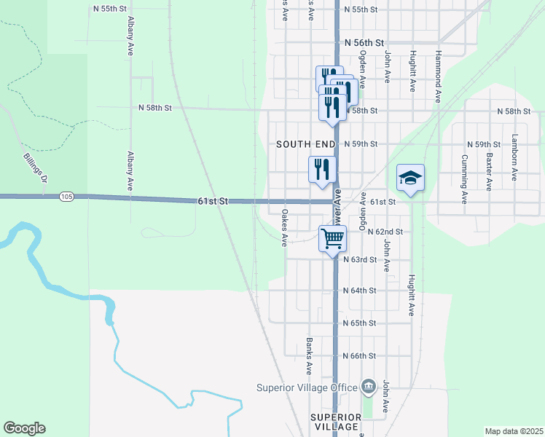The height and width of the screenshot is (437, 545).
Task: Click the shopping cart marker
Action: (x=332, y=237)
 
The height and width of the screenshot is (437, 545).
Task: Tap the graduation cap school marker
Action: (x=410, y=178)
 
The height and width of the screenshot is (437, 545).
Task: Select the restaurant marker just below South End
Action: (x=322, y=170)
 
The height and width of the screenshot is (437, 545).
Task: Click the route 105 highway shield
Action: (x=67, y=197)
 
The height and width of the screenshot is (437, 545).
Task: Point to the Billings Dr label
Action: (x=35, y=168)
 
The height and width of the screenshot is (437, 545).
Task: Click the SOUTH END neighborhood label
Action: (x=305, y=144)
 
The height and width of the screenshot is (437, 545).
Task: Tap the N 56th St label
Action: (x=364, y=44)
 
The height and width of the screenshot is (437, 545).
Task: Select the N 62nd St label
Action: (x=385, y=231)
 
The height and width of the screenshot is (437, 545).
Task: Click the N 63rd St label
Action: (x=360, y=259)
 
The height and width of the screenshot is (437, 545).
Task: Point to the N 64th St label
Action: (x=360, y=290)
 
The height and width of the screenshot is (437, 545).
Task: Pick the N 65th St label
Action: (x=360, y=323)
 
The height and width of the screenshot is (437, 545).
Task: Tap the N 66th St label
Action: (x=360, y=356)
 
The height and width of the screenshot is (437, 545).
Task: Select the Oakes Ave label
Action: (x=285, y=228)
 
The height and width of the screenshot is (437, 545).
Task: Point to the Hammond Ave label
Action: (x=438, y=76)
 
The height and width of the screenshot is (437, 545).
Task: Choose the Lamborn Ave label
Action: (x=514, y=157)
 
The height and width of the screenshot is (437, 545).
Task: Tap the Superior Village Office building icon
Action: (x=368, y=387)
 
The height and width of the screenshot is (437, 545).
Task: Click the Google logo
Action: (x=24, y=428)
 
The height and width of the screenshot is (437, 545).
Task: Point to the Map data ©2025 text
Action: (x=513, y=431)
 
